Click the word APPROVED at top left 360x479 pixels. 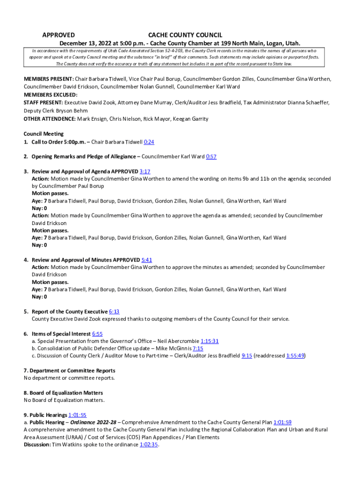pyautogui.click(x=58, y=35)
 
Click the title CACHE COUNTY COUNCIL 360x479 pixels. pyautogui.click(x=185, y=35)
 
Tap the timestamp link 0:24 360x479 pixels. pyautogui.click(x=149, y=142)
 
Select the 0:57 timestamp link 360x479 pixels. pyautogui.click(x=211, y=157)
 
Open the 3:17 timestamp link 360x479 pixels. pyautogui.click(x=145, y=172)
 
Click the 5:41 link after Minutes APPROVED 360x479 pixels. pyautogui.click(x=147, y=260)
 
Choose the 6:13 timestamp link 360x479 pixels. pyautogui.click(x=114, y=312)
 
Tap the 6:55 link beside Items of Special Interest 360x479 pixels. pyautogui.click(x=97, y=334)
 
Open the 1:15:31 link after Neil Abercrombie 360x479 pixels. pyautogui.click(x=209, y=341)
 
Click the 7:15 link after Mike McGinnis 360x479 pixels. pyautogui.click(x=198, y=348)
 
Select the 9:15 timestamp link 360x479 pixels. pyautogui.click(x=247, y=356)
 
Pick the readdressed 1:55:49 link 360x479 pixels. pyautogui.click(x=295, y=356)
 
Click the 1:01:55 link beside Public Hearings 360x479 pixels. pyautogui.click(x=77, y=415)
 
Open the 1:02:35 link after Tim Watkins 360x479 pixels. pyautogui.click(x=149, y=445)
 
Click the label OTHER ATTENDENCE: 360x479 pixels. pyautogui.click(x=50, y=119)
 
